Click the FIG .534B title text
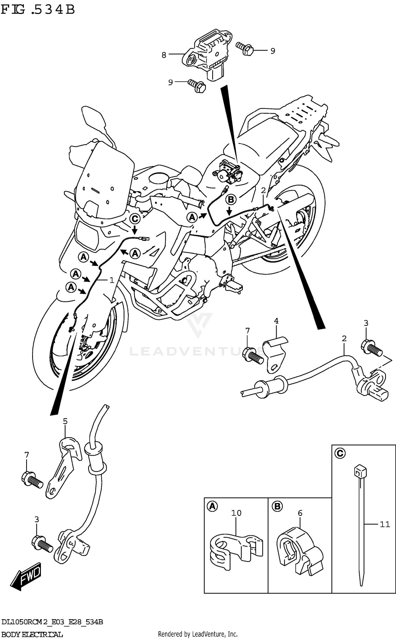[x=38, y=10]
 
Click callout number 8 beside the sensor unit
[x=164, y=55]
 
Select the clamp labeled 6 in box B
[x=299, y=551]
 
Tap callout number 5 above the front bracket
[x=65, y=421]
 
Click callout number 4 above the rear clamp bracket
[x=276, y=321]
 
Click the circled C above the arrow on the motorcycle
[x=135, y=219]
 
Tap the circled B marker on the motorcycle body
[x=231, y=200]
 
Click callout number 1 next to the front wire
[x=112, y=280]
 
